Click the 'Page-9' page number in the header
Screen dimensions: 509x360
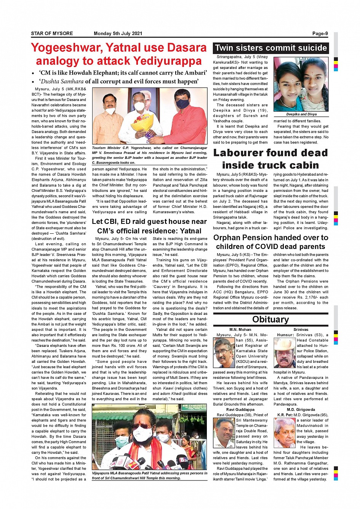[320, 34]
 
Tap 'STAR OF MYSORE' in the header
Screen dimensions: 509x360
[52, 34]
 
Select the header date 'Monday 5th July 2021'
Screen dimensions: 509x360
[118, 34]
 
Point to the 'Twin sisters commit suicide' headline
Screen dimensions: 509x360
[270, 48]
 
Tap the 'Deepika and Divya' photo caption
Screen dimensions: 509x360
[301, 114]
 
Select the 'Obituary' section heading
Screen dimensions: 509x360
[270, 319]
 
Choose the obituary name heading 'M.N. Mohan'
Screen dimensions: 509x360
[240, 330]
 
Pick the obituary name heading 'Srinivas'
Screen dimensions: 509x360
[301, 330]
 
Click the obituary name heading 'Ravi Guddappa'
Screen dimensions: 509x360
[240, 410]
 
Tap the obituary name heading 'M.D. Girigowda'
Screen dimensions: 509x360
[301, 410]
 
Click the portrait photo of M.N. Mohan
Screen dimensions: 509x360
[224, 353]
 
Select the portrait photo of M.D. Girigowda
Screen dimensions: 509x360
[285, 432]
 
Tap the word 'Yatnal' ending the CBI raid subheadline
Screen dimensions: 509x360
[190, 231]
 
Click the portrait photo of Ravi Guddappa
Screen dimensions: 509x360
[224, 432]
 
